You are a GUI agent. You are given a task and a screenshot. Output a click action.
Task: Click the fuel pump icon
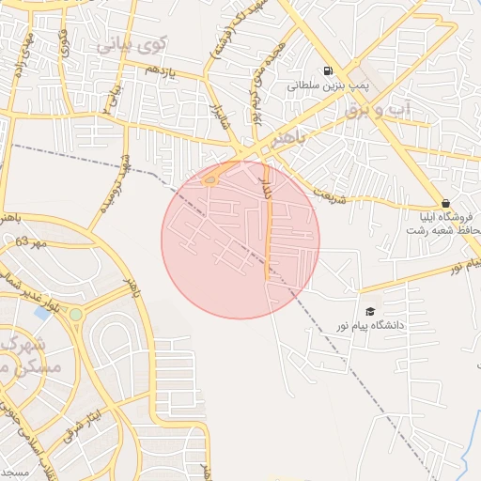coord(327,70)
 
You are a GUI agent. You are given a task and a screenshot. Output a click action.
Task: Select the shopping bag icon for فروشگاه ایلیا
coord(445,203)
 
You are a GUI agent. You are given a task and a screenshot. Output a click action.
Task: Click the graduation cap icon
coord(368,311)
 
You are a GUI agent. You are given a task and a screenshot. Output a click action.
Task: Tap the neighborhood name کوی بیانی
coord(132,42)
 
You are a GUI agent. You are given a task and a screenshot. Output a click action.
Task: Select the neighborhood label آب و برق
coord(386,110)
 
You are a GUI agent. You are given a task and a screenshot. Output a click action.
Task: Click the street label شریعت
coord(328,198)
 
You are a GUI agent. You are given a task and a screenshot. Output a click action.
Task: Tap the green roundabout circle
coord(76,314)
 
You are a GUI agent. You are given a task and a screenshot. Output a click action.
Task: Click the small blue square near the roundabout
coord(42,312)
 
